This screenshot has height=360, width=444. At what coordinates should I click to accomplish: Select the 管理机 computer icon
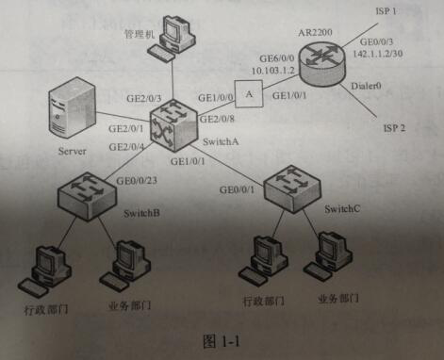pos(174,36)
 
